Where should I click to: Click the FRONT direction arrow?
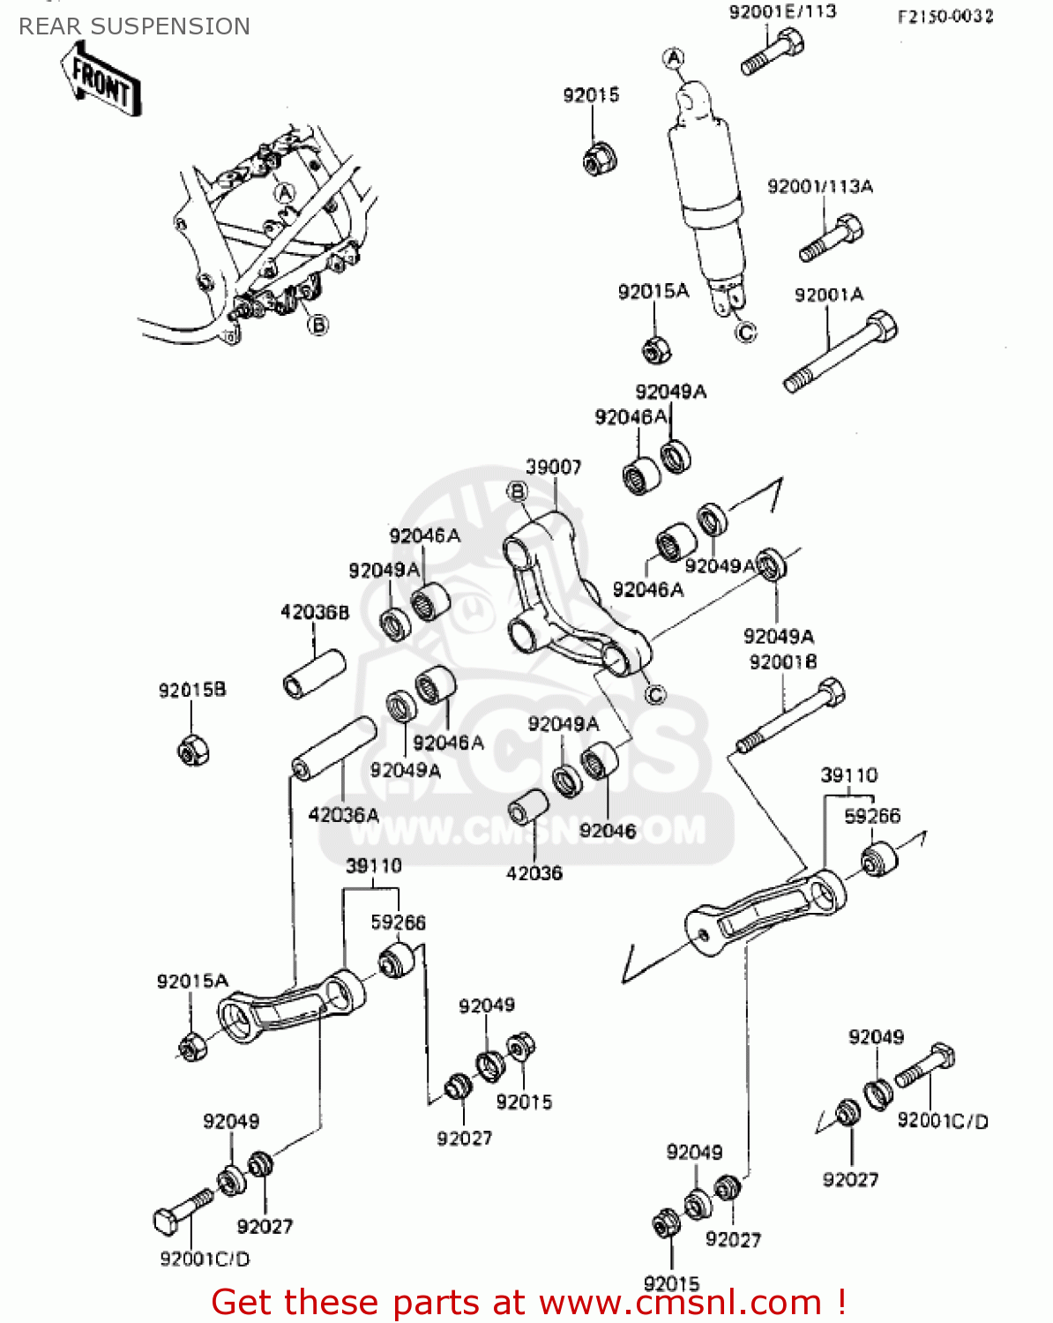pyautogui.click(x=101, y=81)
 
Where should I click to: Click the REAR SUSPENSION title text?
pyautogui.click(x=134, y=26)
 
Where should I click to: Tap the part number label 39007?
pyautogui.click(x=553, y=467)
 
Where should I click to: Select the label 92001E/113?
pyautogui.click(x=781, y=12)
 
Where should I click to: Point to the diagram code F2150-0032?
pyautogui.click(x=945, y=16)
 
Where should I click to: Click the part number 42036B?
pyautogui.click(x=315, y=612)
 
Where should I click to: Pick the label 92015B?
pyautogui.click(x=192, y=690)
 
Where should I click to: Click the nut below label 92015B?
pyautogui.click(x=192, y=750)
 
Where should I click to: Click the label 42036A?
pyautogui.click(x=343, y=815)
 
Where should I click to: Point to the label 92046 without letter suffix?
pyautogui.click(x=608, y=831)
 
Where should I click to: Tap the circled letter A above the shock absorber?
pyautogui.click(x=673, y=58)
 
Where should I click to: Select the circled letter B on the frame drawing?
pyautogui.click(x=317, y=325)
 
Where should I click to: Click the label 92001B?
pyautogui.click(x=783, y=661)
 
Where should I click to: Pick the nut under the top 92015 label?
pyautogui.click(x=600, y=159)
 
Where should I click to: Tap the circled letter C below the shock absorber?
pyautogui.click(x=746, y=333)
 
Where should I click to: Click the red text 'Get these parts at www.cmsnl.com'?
pyautogui.click(x=529, y=1302)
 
